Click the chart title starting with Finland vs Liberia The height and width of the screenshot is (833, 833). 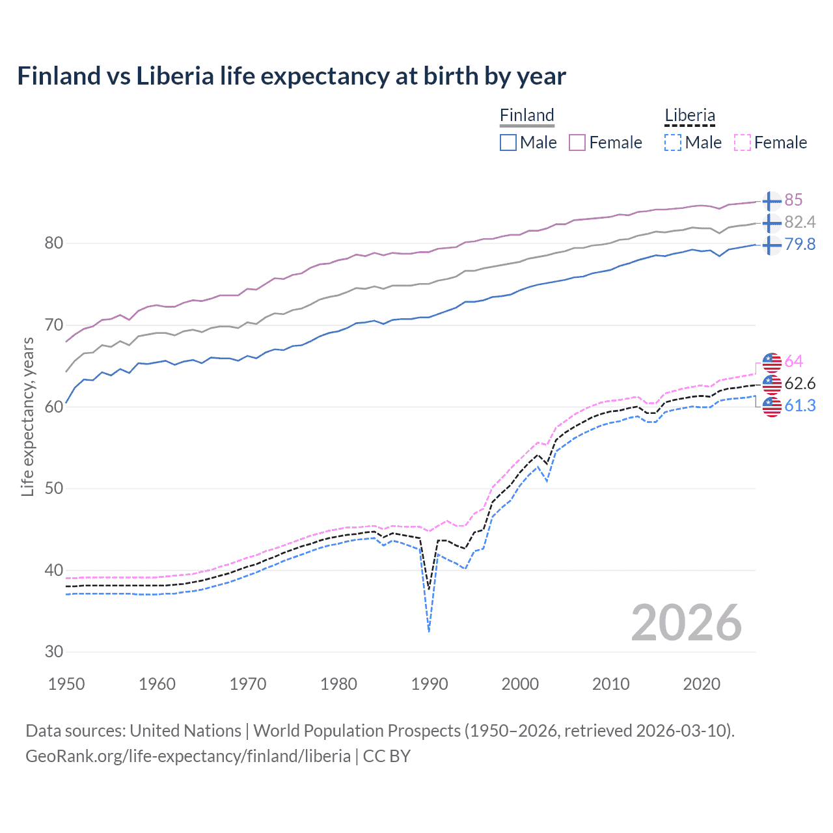(291, 76)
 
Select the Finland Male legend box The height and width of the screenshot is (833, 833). (508, 143)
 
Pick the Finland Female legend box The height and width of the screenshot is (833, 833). (577, 143)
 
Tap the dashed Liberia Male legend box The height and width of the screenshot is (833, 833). (673, 143)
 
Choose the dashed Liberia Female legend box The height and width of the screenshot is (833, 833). (743, 143)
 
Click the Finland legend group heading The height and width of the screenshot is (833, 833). (526, 115)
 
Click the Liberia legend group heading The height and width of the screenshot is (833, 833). (690, 115)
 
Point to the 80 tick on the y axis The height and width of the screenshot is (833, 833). (54, 243)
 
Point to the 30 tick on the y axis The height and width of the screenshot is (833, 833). (54, 651)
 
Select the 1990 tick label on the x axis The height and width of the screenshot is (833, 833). (430, 684)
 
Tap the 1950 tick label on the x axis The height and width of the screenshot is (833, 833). (67, 684)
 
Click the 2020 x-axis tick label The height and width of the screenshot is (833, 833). (702, 684)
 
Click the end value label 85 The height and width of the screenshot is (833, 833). (793, 200)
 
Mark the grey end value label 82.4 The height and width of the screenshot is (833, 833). (800, 222)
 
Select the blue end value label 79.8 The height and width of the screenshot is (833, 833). (800, 244)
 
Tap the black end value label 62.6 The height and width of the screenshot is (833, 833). (800, 383)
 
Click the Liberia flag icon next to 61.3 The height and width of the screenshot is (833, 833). (772, 406)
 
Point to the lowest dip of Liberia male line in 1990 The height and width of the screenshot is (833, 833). (429, 631)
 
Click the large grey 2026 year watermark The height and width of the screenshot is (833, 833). (687, 623)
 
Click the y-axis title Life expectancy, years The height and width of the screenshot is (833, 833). (27, 416)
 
